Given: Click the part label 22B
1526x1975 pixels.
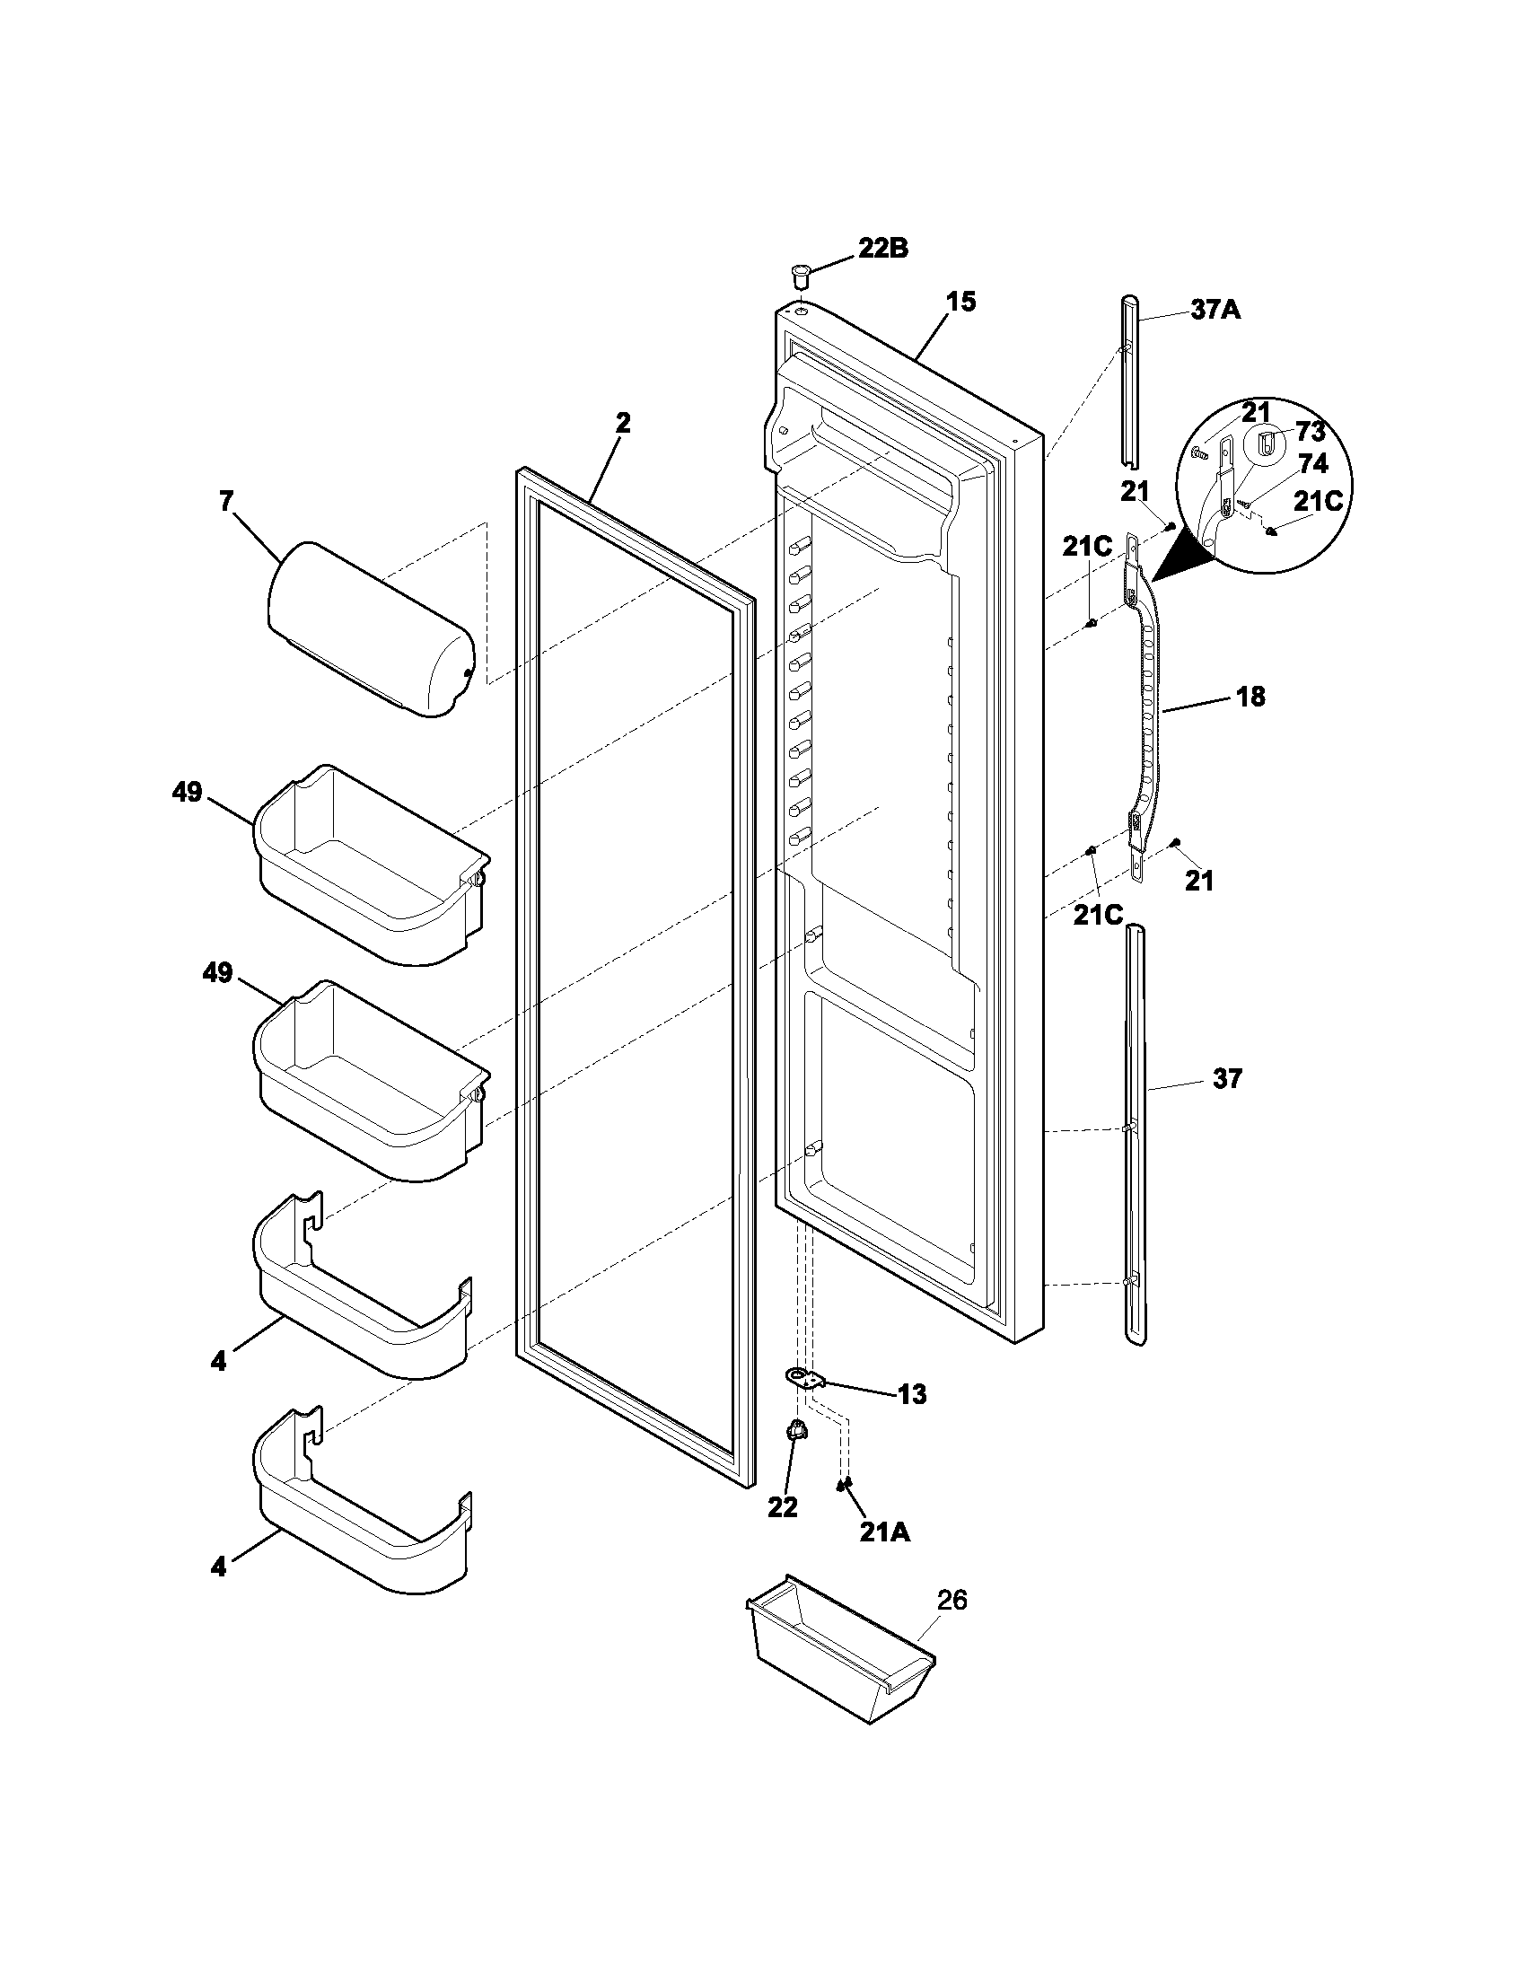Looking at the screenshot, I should (882, 249).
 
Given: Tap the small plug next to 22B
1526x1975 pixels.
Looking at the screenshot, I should (798, 271).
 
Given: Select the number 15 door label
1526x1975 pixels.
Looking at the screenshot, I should (961, 302).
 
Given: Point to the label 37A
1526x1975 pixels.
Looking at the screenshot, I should (1215, 312).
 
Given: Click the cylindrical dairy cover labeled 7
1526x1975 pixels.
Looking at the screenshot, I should (371, 628).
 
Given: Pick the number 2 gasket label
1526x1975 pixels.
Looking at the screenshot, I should (623, 422).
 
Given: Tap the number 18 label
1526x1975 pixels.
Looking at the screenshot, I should (1251, 697).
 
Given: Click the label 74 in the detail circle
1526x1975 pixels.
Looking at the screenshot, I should (1312, 464).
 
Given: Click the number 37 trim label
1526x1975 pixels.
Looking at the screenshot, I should (1227, 1078).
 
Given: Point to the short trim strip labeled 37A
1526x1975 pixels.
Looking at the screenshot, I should (1130, 380).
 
